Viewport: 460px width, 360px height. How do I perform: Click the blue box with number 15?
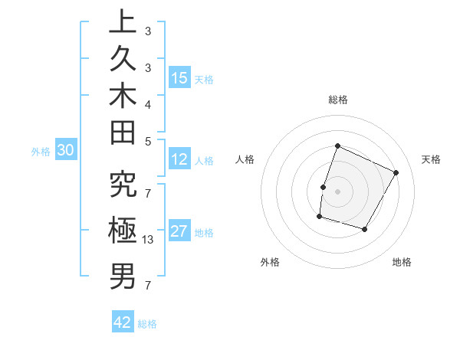click(x=179, y=78)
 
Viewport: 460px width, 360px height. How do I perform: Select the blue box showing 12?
click(x=179, y=160)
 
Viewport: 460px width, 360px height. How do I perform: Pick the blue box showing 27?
click(x=179, y=231)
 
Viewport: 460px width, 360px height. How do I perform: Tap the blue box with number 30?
click(x=65, y=151)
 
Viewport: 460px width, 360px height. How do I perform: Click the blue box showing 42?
click(x=123, y=322)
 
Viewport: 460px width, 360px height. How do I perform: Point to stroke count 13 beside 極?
click(x=149, y=240)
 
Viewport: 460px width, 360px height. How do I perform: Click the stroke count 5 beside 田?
click(x=148, y=140)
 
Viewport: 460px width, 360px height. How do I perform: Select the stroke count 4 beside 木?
click(x=148, y=103)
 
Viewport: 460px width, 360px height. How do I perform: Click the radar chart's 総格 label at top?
click(x=337, y=100)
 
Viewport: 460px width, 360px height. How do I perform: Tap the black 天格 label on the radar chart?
click(x=431, y=159)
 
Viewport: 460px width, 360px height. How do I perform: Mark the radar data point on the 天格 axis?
click(x=396, y=172)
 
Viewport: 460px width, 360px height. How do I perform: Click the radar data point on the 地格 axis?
click(x=365, y=229)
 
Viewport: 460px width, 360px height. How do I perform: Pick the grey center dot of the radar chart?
click(x=337, y=191)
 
